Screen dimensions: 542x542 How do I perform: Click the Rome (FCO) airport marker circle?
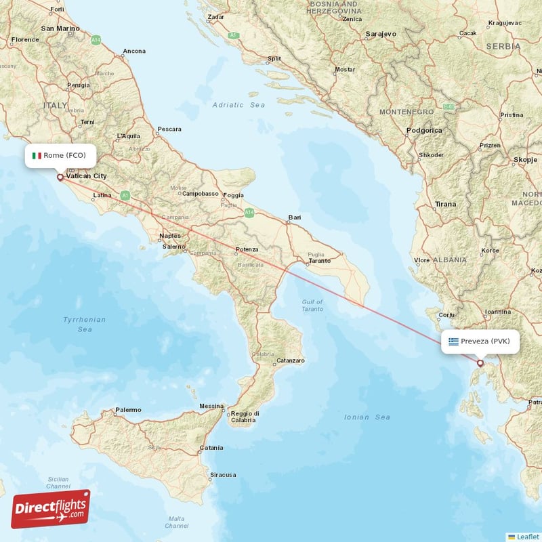[60, 178]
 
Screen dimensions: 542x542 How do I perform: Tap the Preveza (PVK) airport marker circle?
[480, 363]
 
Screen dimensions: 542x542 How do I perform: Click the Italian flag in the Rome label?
[37, 155]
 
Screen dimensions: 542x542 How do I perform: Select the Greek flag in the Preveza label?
[453, 341]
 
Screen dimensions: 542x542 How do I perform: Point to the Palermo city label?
[128, 410]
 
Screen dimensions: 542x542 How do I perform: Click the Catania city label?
[211, 448]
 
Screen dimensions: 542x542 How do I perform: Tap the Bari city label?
[294, 218]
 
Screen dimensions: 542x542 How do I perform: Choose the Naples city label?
[169, 236]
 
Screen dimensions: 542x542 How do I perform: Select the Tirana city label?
[445, 204]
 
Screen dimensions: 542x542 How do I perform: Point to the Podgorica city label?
[424, 130]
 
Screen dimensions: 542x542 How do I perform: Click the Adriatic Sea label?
[238, 105]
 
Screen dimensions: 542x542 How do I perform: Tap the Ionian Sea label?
[367, 417]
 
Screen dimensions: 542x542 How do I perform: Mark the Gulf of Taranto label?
[312, 305]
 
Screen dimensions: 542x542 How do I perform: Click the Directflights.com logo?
[51, 508]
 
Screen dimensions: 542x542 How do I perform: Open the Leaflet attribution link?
[526, 536]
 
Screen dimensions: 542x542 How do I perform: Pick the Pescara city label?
[169, 129]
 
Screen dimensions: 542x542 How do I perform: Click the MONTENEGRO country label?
[406, 111]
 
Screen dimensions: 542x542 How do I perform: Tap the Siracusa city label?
[223, 475]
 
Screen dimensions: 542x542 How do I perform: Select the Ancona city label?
[134, 51]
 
